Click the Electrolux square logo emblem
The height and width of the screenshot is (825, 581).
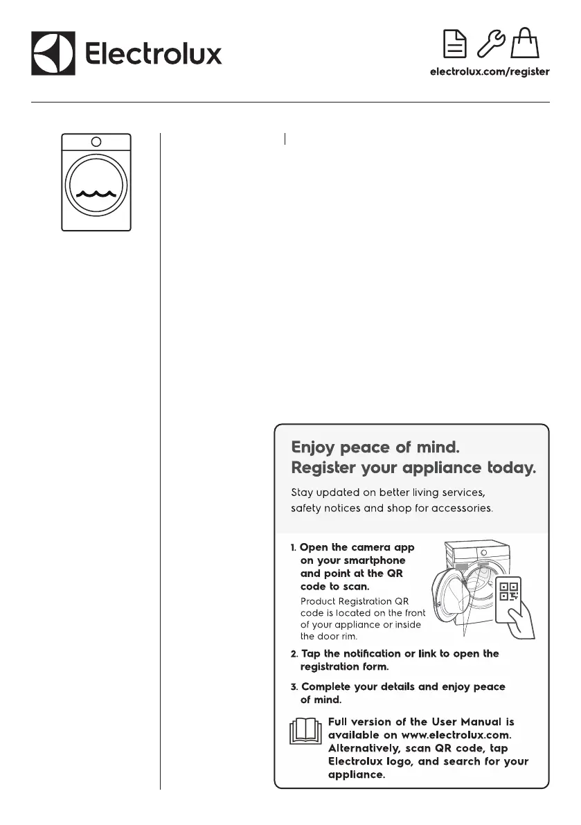click(53, 53)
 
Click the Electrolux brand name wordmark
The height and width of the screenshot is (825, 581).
click(153, 53)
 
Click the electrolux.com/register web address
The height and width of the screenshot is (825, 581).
click(490, 71)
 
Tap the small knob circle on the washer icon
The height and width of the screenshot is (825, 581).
click(96, 141)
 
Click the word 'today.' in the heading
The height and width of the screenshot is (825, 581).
click(512, 468)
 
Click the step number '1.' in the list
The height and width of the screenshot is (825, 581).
click(294, 548)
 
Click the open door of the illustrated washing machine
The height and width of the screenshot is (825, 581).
click(454, 599)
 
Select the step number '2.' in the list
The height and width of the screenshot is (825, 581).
click(294, 654)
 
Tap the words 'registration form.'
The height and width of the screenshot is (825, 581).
click(344, 667)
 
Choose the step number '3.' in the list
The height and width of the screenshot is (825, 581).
click(294, 687)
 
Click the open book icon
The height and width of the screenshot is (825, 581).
click(305, 731)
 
